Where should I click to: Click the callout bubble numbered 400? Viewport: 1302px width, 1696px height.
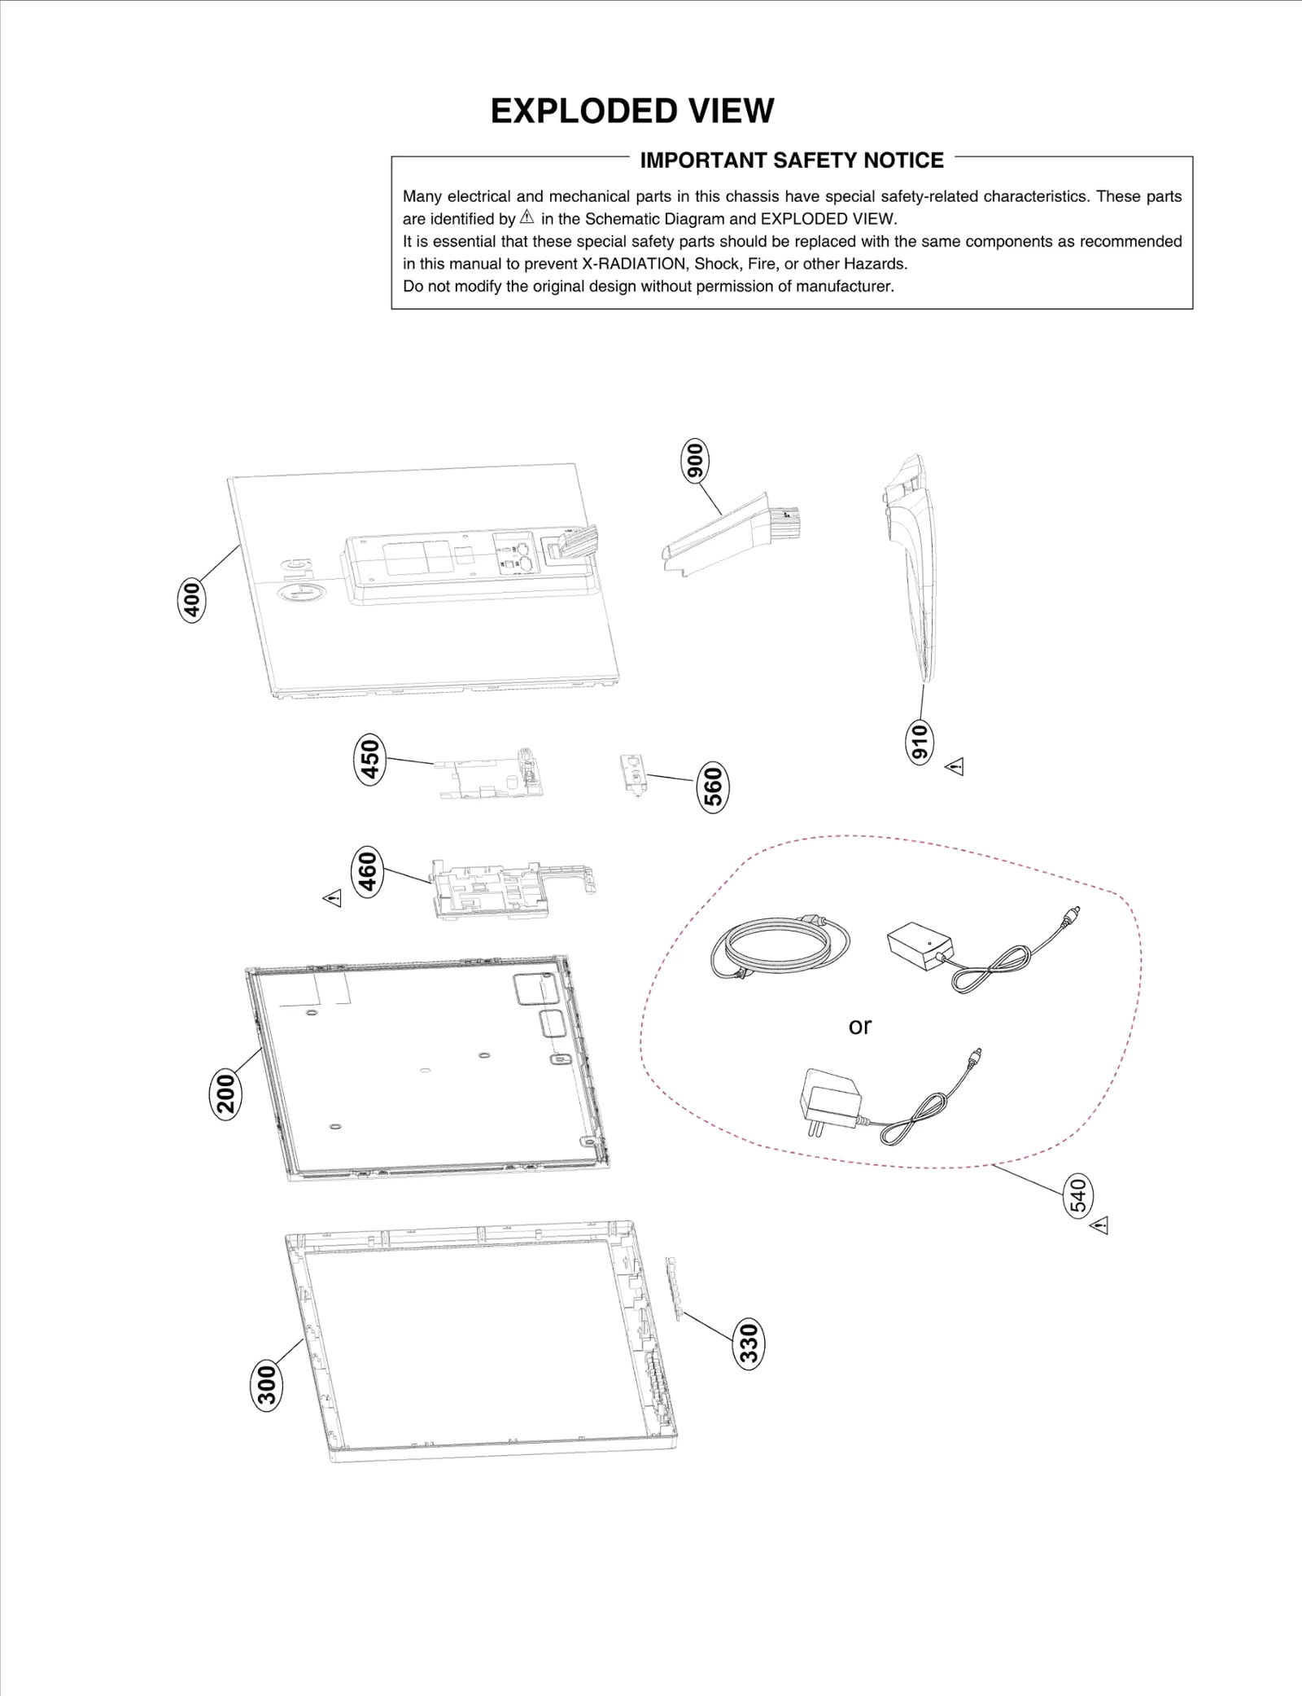pyautogui.click(x=192, y=601)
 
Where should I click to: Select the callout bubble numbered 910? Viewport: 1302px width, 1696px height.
pyautogui.click(x=920, y=742)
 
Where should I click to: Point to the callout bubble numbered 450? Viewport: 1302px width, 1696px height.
pyautogui.click(x=370, y=758)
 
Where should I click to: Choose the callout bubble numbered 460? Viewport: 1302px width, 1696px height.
pyautogui.click(x=368, y=871)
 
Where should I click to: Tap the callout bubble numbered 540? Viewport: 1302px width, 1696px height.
pyautogui.click(x=1078, y=1195)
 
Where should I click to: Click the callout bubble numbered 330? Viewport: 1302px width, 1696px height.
pyautogui.click(x=749, y=1343)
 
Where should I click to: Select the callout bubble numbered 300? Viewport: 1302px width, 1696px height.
pyautogui.click(x=267, y=1385)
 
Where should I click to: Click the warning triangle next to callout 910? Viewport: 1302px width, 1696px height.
pyautogui.click(x=955, y=767)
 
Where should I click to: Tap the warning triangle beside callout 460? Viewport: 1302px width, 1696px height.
pyautogui.click(x=333, y=898)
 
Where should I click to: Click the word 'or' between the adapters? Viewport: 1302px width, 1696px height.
pyautogui.click(x=859, y=1026)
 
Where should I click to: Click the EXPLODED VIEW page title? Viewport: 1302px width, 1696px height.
pyautogui.click(x=632, y=111)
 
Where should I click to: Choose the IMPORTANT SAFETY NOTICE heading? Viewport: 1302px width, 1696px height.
pyautogui.click(x=791, y=160)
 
